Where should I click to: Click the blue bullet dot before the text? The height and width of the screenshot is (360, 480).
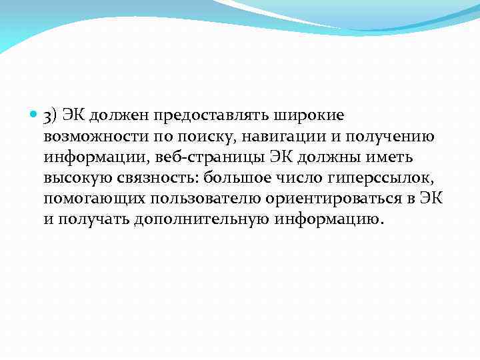tap(34, 115)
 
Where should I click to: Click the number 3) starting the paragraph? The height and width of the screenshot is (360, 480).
tap(51, 116)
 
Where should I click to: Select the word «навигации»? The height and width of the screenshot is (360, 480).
tap(274, 137)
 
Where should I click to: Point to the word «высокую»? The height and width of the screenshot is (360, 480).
tap(74, 179)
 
